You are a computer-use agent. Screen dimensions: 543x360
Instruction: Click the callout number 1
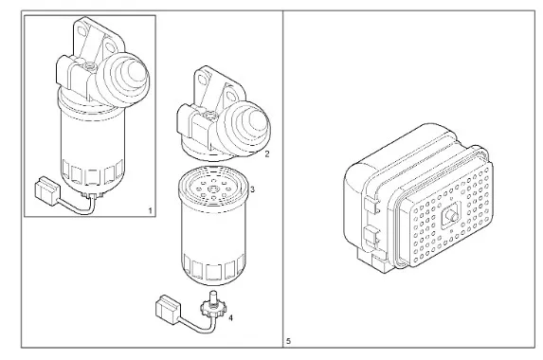click(x=150, y=210)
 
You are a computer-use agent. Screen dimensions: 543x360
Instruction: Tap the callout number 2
click(x=266, y=154)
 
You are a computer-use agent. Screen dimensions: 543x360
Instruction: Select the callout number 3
click(x=252, y=189)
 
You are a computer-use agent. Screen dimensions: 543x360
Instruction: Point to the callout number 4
click(x=230, y=317)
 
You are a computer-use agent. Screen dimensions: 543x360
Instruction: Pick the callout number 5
click(x=288, y=341)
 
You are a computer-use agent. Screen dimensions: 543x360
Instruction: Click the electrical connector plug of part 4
click(x=168, y=309)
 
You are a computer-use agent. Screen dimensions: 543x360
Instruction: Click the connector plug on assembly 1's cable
click(x=46, y=190)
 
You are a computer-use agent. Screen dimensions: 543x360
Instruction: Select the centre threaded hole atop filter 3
click(x=212, y=189)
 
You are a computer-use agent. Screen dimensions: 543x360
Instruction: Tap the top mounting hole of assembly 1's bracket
click(x=82, y=30)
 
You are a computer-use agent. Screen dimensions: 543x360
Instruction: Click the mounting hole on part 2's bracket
click(x=204, y=79)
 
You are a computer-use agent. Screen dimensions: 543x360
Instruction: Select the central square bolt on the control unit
click(x=451, y=216)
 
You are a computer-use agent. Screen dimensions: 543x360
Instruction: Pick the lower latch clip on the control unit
click(x=371, y=235)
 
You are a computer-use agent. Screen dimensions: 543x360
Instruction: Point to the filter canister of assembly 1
click(x=92, y=145)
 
